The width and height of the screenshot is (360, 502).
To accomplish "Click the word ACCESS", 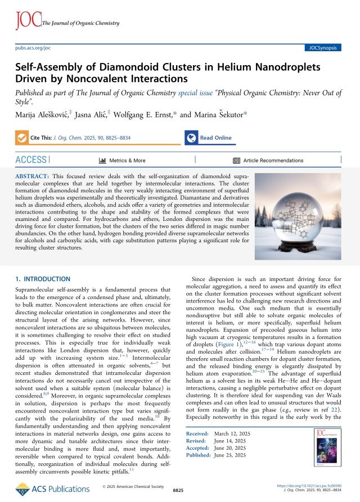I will (32, 160).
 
